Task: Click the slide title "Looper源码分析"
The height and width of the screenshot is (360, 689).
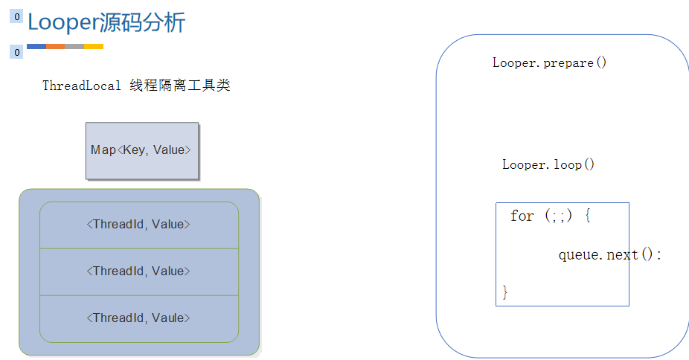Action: coord(106,22)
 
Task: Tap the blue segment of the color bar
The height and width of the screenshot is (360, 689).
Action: coord(36,46)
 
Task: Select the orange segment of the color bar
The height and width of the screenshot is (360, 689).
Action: coord(55,46)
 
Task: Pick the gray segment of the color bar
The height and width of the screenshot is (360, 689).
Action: coord(74,46)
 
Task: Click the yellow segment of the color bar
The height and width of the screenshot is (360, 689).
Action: coord(94,46)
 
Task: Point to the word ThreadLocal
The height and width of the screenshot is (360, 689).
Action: coord(81,86)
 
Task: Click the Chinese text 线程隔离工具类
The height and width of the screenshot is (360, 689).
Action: coord(180,86)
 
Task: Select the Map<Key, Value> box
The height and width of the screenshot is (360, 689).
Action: coord(142,150)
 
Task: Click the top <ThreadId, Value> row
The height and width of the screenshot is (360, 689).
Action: coord(139,225)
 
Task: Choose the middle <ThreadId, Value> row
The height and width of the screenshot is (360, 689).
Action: coord(139,272)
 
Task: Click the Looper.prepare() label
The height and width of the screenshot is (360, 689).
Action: coord(549,62)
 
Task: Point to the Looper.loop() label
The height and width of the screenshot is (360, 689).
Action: coord(548,164)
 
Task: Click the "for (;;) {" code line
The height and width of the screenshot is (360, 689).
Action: coord(551,216)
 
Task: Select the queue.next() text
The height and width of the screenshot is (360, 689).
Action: coord(610,254)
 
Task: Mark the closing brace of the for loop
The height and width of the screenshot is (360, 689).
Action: coord(505,292)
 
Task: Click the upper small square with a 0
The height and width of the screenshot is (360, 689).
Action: coord(16,16)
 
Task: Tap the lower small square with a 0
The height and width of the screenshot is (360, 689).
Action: coord(16,52)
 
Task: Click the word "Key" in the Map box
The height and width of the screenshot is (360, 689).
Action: coord(134,150)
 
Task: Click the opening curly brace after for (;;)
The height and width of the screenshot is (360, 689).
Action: coord(588,216)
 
